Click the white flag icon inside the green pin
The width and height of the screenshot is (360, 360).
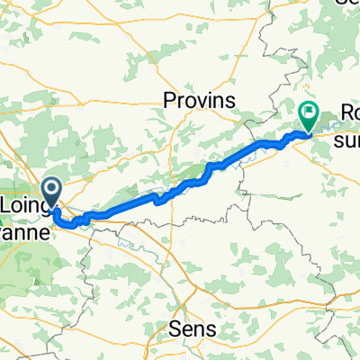coord(308,112)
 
